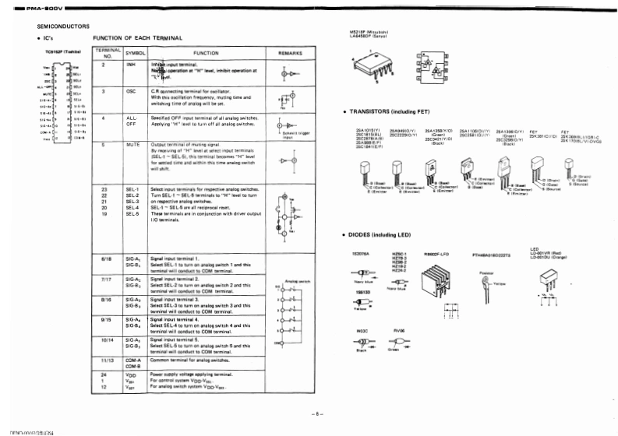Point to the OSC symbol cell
click(131, 91)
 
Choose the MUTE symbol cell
click(132, 145)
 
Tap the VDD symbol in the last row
click(131, 375)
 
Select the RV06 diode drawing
click(398, 343)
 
